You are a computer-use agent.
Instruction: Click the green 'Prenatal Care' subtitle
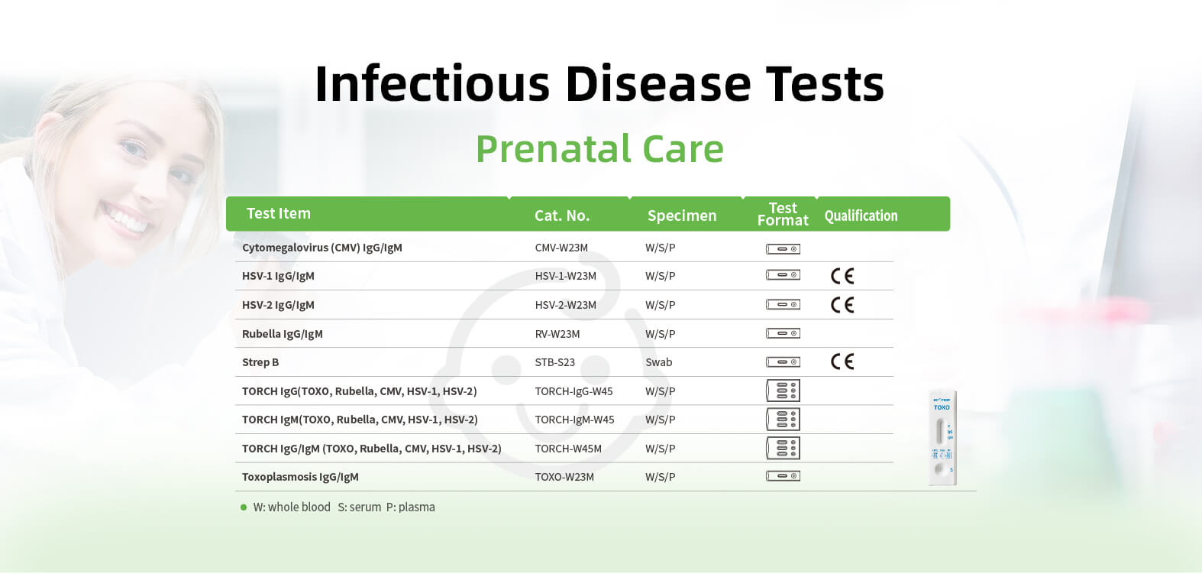pos(600,149)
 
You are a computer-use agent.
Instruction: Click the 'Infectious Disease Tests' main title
pos(599,83)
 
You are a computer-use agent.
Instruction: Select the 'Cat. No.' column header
pos(562,216)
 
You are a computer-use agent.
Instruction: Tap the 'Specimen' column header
pos(682,216)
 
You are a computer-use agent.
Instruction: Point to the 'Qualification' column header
pos(861,216)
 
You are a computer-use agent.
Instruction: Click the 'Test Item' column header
pos(279,213)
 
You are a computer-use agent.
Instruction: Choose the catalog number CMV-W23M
pos(561,248)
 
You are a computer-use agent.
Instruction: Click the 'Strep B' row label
pos(260,362)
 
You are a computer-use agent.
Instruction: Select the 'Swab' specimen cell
pos(658,362)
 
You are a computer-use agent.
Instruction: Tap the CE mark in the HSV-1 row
pos(842,276)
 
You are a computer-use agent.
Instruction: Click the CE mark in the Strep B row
pos(842,361)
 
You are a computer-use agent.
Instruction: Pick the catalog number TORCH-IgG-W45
pos(574,391)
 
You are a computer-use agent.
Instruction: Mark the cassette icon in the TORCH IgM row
pos(783,420)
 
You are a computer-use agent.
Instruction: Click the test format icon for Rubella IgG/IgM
pos(783,334)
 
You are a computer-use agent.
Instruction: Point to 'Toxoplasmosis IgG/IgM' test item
pos(300,477)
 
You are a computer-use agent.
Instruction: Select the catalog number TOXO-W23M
pos(564,477)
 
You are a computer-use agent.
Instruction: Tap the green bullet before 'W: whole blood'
pos(244,507)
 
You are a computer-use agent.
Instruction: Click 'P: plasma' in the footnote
pos(411,507)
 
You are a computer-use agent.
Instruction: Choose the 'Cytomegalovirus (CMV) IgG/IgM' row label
pos(322,248)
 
